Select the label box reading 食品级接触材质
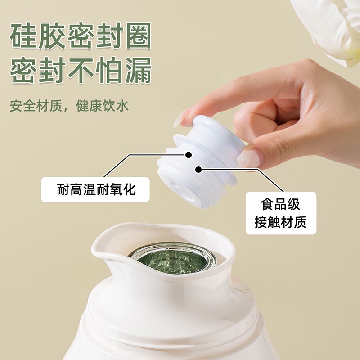[281, 213]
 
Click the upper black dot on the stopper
[189, 154]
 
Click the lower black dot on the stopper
[198, 170]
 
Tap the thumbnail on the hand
[249, 157]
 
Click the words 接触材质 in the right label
[281, 221]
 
